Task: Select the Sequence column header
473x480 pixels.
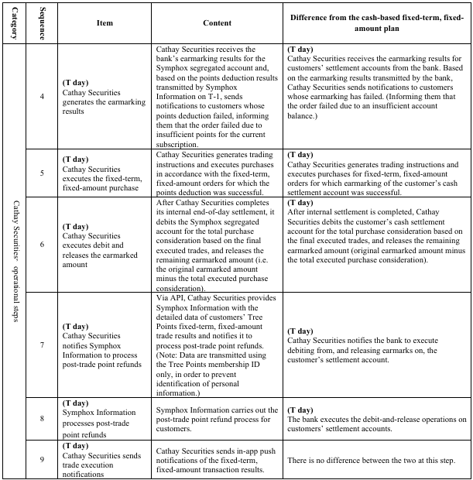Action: [x=42, y=23]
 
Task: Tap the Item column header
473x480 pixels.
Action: [x=105, y=23]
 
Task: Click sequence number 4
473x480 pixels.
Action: [x=42, y=97]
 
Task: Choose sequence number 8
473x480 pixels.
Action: [x=42, y=418]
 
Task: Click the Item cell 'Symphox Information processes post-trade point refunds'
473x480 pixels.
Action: [x=105, y=418]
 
